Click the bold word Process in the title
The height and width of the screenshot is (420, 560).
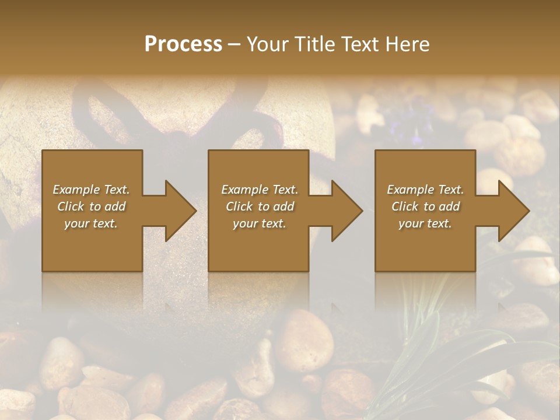coord(183,44)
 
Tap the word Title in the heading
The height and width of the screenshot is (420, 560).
coord(313,44)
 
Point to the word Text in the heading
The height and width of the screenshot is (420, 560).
coord(360,44)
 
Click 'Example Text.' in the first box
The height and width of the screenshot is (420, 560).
coord(91,190)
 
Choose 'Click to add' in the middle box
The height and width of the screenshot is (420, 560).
coord(260,206)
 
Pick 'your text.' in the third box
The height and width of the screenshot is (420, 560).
coord(425,223)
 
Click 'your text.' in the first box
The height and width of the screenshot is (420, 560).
coord(91,223)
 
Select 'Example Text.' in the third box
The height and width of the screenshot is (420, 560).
coord(425,190)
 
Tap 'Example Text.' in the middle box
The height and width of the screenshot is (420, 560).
coord(260,190)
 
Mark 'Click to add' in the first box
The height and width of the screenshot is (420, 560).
coord(91,206)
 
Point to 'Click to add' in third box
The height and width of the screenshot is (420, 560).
coord(425,206)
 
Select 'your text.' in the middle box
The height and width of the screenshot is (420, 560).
coord(260,223)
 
